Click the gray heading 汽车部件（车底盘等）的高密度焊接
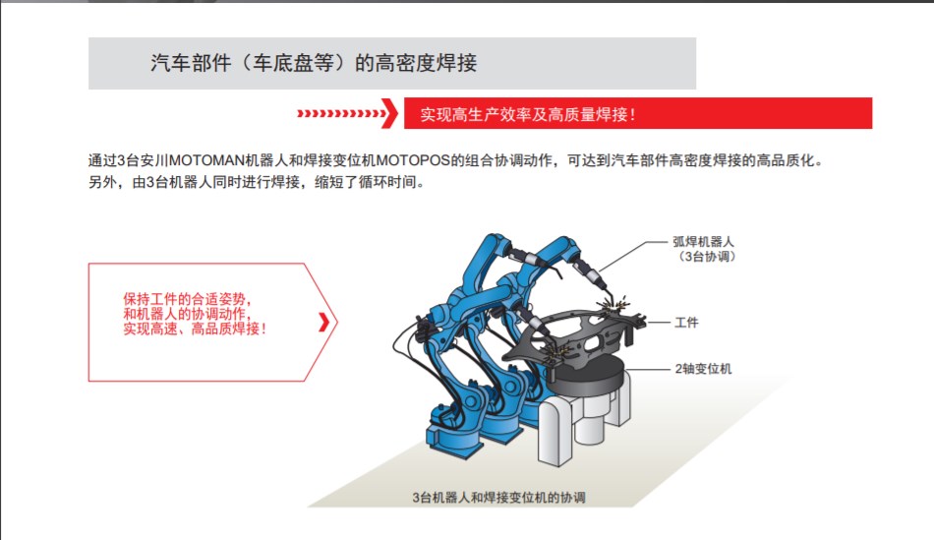click(x=314, y=63)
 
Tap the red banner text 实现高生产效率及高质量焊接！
click(x=528, y=114)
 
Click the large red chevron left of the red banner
click(x=389, y=113)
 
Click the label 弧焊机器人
click(x=704, y=241)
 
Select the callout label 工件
click(x=686, y=323)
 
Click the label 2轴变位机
click(x=703, y=369)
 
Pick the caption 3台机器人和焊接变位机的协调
click(x=498, y=497)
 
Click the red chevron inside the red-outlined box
click(x=324, y=322)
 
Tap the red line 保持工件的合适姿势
click(x=187, y=299)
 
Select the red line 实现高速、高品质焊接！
click(x=195, y=329)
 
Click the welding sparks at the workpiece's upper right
click(x=614, y=303)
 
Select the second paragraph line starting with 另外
click(x=258, y=182)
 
